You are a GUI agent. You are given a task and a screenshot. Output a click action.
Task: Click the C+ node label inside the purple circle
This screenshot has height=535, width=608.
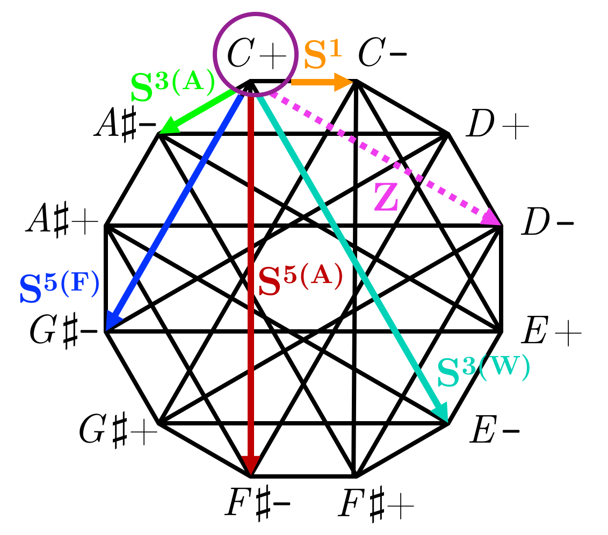(x=255, y=54)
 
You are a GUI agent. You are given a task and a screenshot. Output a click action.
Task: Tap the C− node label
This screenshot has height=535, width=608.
(x=382, y=54)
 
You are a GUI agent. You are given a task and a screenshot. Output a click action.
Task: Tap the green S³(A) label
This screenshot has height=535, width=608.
(x=172, y=86)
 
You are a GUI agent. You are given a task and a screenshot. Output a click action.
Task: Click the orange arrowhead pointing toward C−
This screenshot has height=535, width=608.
(x=344, y=82)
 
